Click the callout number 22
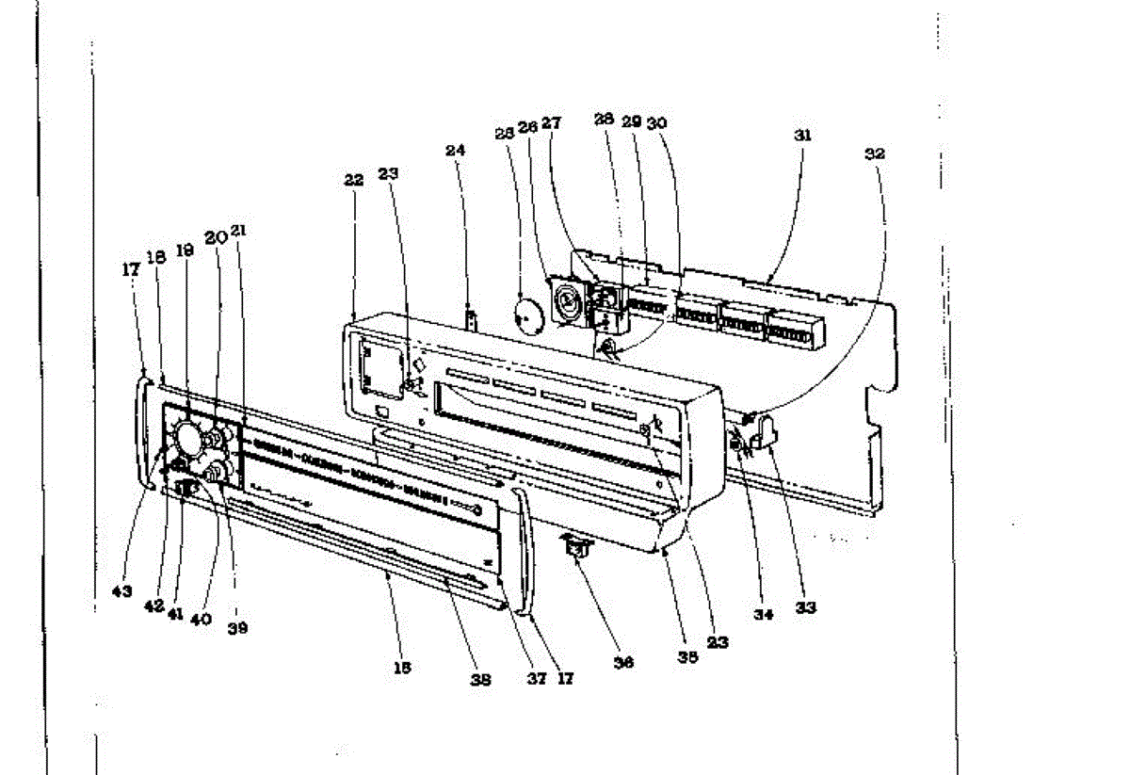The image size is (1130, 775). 353,181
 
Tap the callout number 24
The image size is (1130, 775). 456,150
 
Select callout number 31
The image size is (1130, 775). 801,135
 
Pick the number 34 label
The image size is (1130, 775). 763,615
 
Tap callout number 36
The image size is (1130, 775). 623,662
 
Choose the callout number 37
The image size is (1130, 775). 536,678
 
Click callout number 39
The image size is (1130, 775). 237,628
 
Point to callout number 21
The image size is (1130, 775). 239,231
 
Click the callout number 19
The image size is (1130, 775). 186,252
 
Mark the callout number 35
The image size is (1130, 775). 688,659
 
